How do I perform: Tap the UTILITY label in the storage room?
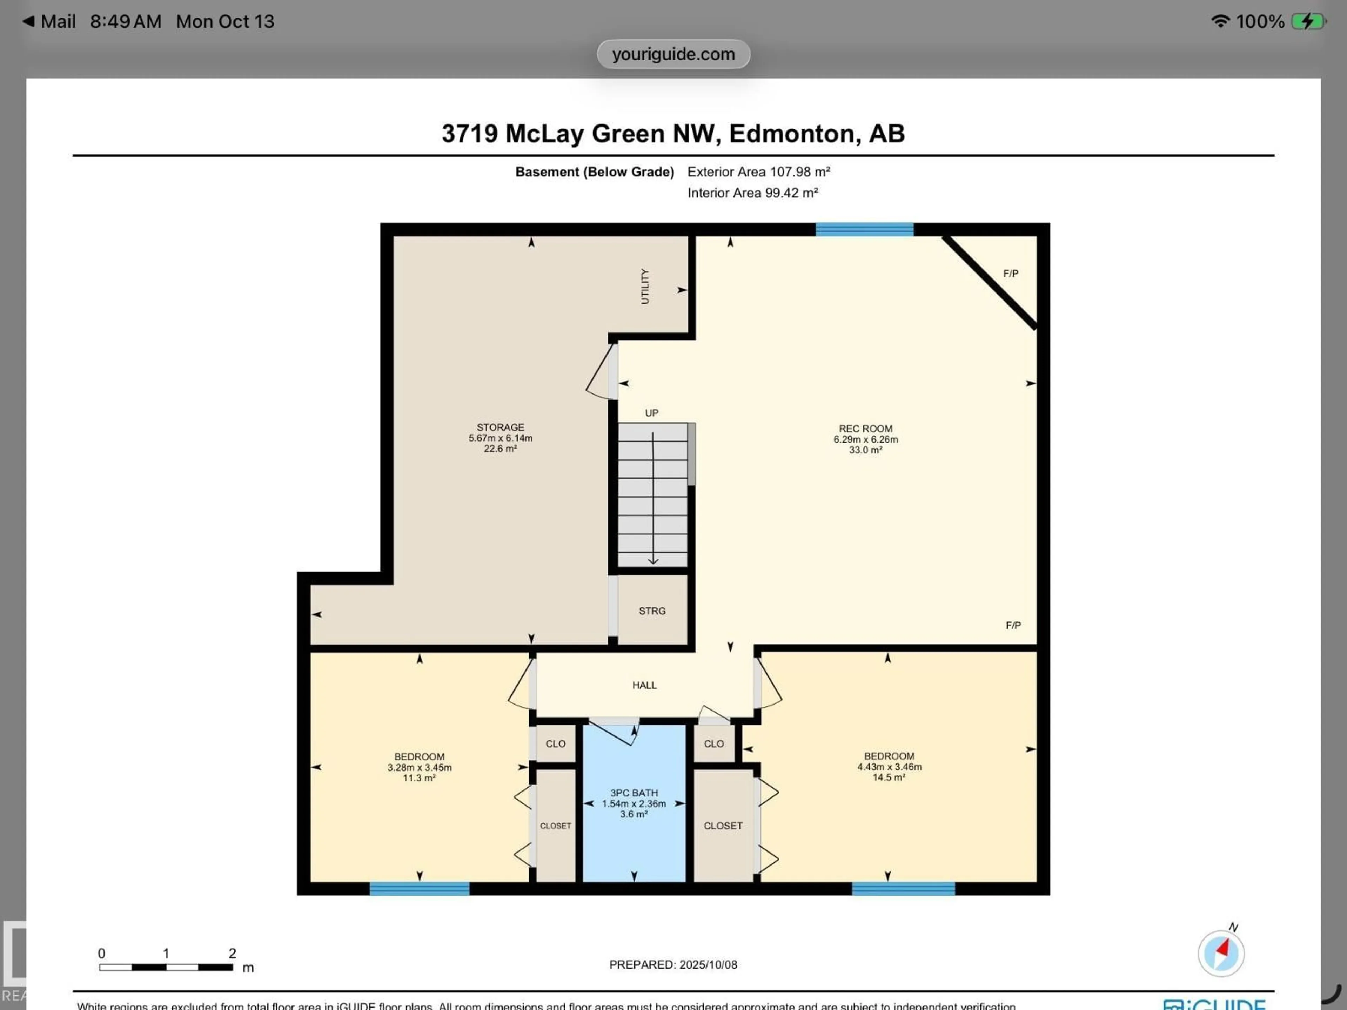(x=644, y=286)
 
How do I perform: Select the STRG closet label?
(x=652, y=611)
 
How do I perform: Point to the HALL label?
(x=644, y=685)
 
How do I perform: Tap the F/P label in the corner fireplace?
(x=1010, y=273)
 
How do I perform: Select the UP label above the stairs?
(x=652, y=413)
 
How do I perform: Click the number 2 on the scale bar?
(x=232, y=953)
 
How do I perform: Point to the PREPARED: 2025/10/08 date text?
(x=673, y=964)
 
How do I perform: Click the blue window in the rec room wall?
(x=864, y=229)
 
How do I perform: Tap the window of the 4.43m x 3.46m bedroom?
(x=903, y=888)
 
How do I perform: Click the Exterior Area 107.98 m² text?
(x=758, y=172)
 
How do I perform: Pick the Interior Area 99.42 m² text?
(x=752, y=193)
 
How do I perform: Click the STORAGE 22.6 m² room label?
(x=500, y=438)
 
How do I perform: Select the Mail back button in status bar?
(x=50, y=22)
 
